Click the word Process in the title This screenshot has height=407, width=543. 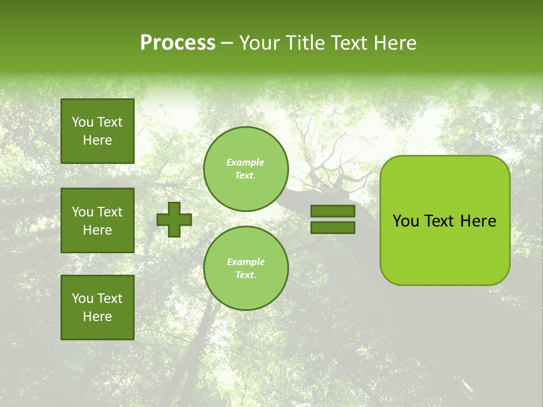click(x=178, y=43)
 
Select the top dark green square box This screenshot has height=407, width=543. click(x=97, y=131)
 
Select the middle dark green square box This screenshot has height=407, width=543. click(x=97, y=220)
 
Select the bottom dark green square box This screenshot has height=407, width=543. click(x=97, y=308)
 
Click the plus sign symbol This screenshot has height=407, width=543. click(x=174, y=219)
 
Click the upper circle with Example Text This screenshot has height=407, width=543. click(x=245, y=169)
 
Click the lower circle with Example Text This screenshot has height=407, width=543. click(x=245, y=269)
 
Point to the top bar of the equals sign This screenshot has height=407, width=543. click(x=333, y=211)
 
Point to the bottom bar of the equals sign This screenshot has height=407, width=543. click(x=333, y=227)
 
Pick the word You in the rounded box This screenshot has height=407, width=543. click(x=406, y=221)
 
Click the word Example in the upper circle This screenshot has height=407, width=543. click(x=245, y=163)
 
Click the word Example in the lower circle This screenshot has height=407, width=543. click(x=245, y=262)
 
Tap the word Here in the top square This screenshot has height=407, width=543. click(x=97, y=141)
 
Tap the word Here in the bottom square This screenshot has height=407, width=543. click(x=97, y=317)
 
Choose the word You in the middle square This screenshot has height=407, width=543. click(x=83, y=212)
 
